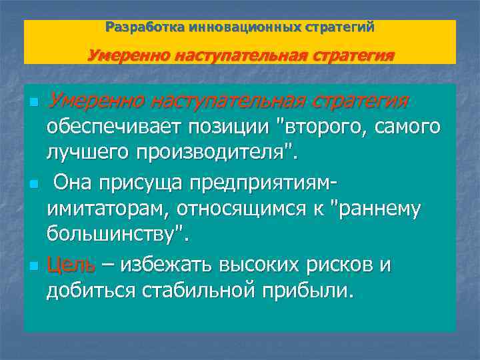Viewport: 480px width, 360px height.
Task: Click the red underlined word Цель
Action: click(70, 265)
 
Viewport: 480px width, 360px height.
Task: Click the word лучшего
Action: click(87, 153)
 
